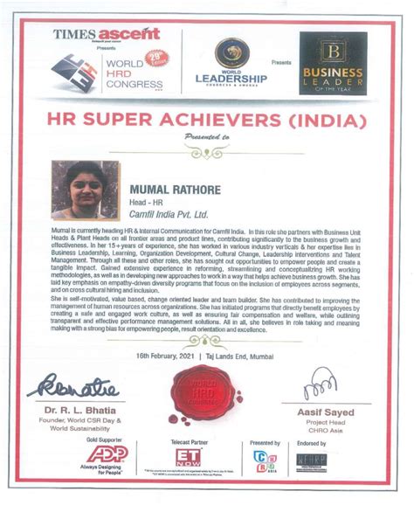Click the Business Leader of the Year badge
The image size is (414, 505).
click(332, 63)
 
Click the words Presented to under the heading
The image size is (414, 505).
click(207, 136)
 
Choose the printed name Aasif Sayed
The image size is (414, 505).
click(332, 411)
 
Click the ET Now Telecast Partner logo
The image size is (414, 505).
click(188, 458)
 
